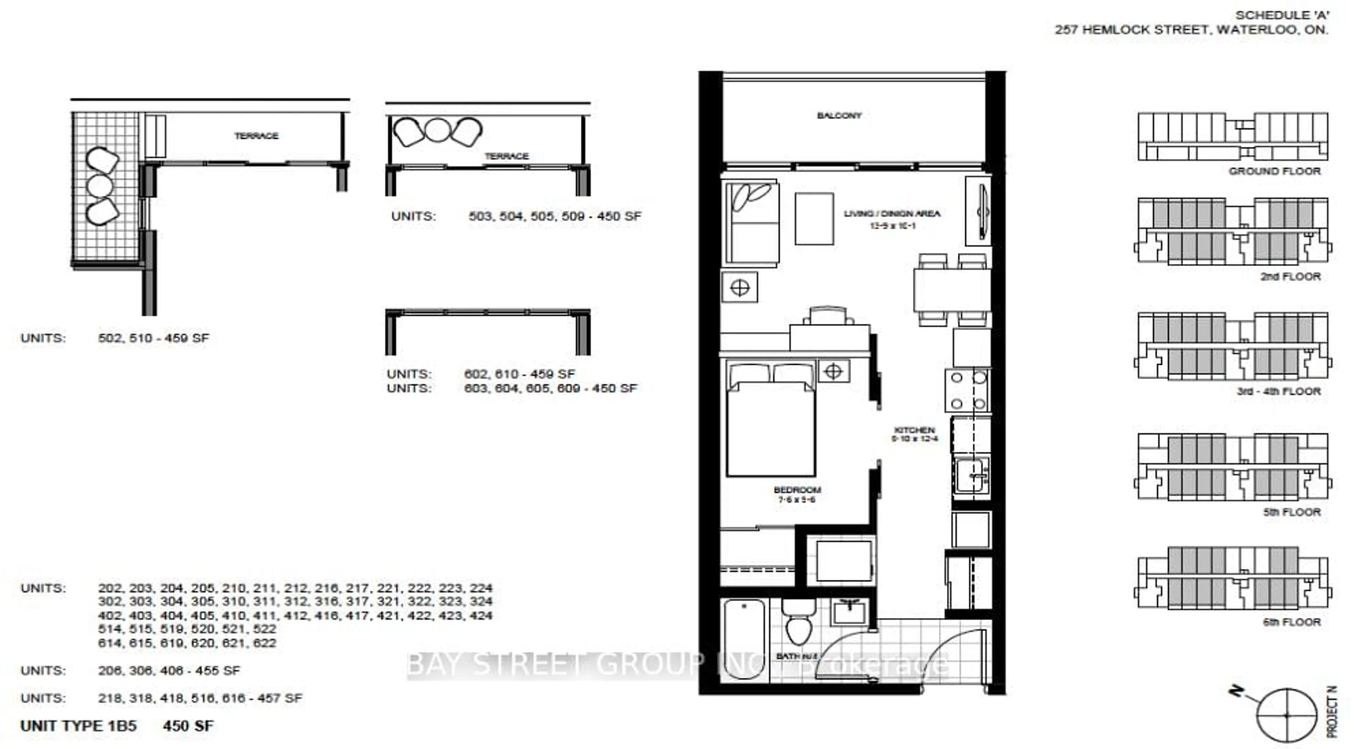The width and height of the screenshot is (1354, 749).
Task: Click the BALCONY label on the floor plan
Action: pos(839,116)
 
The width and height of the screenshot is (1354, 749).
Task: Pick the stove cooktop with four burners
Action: pos(968,390)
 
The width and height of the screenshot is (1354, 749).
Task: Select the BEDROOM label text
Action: pos(797,490)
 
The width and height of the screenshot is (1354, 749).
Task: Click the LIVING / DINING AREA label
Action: pos(892,213)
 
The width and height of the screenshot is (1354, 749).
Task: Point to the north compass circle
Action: pos(1286,715)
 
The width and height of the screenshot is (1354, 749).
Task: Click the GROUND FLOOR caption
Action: pos(1274,171)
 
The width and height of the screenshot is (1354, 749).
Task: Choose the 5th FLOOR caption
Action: pos(1292,512)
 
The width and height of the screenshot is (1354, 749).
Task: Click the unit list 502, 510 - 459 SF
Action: pos(153,338)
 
